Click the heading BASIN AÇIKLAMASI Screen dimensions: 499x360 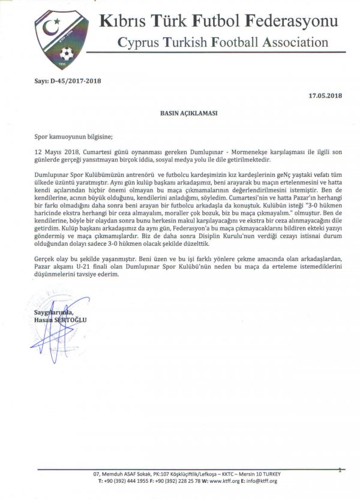click(x=180, y=112)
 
